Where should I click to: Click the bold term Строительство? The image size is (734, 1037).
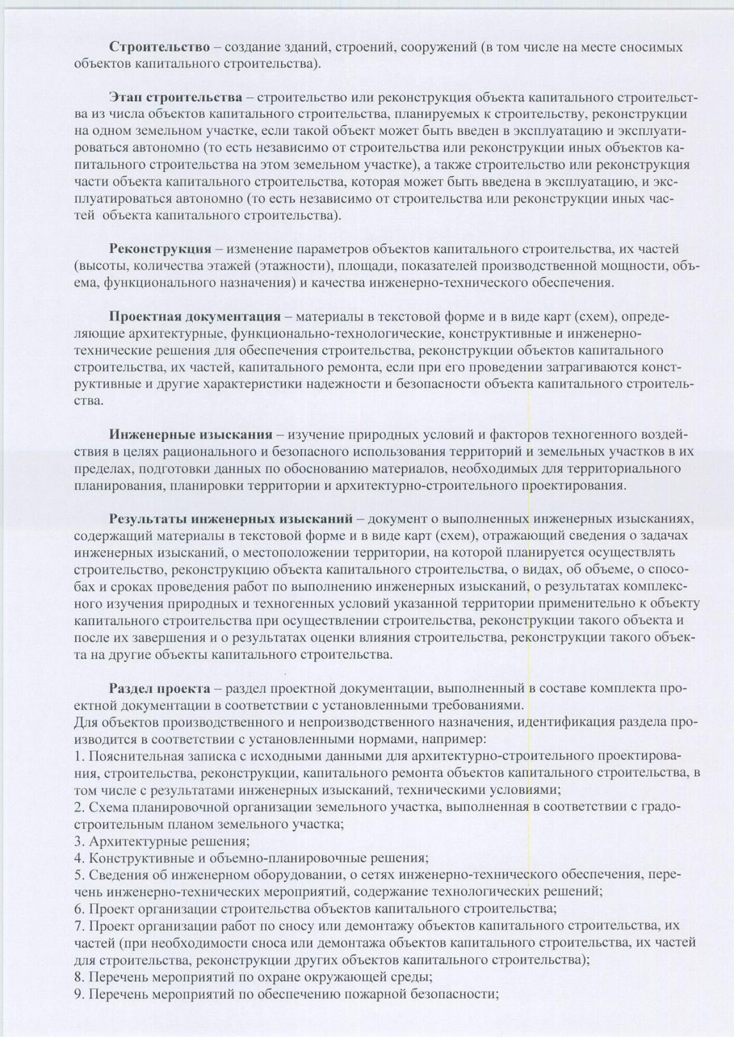[x=159, y=47]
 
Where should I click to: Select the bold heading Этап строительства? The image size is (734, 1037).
[x=175, y=97]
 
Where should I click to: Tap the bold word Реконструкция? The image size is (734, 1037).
[x=160, y=249]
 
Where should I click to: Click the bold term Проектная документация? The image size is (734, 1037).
[x=195, y=316]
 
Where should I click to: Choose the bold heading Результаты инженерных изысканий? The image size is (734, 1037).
[x=230, y=518]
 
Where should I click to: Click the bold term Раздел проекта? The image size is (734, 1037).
[x=159, y=689]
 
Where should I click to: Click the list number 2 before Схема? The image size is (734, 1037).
[x=78, y=807]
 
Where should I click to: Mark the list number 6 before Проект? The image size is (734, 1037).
[x=78, y=909]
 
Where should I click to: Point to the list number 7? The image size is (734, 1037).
[x=78, y=926]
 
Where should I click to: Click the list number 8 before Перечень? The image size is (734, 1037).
[x=78, y=977]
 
